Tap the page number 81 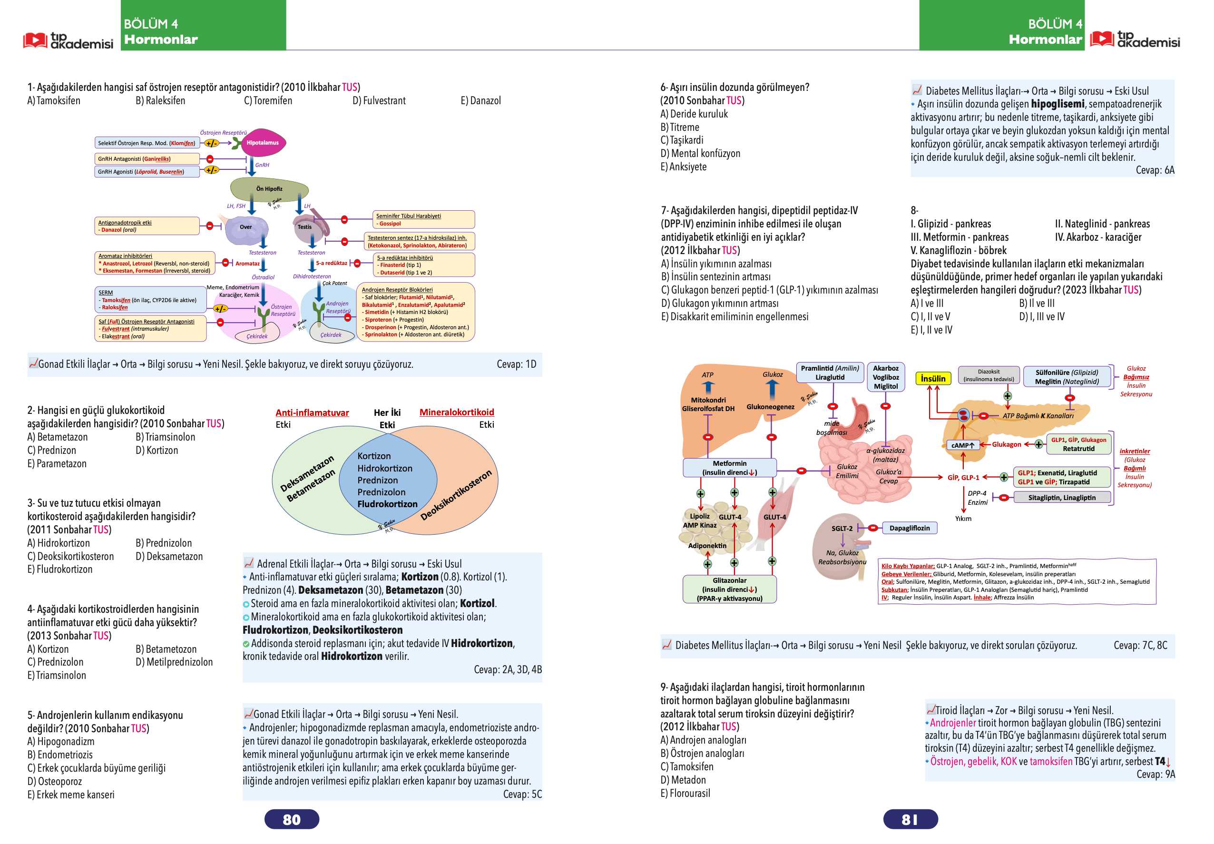click(910, 819)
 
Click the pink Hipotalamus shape click(263, 143)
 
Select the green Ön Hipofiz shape click(269, 189)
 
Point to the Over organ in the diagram click(246, 228)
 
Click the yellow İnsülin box click(933, 379)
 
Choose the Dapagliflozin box click(910, 528)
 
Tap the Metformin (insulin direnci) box click(730, 468)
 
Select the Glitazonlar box click(730, 589)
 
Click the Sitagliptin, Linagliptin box click(1062, 498)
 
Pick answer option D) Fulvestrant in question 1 click(379, 100)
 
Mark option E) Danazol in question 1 click(480, 100)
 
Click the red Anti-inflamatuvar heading click(312, 412)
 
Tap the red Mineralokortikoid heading click(457, 412)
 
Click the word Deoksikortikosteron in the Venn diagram click(456, 494)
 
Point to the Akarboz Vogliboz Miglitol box click(886, 377)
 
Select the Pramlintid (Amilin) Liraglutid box click(830, 373)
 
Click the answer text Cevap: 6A click(1155, 170)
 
